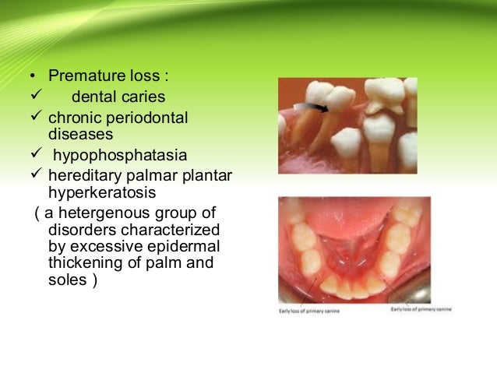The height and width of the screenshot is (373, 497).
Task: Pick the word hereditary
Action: [x=81, y=174]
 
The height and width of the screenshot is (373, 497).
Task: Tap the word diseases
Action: [x=76, y=132]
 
